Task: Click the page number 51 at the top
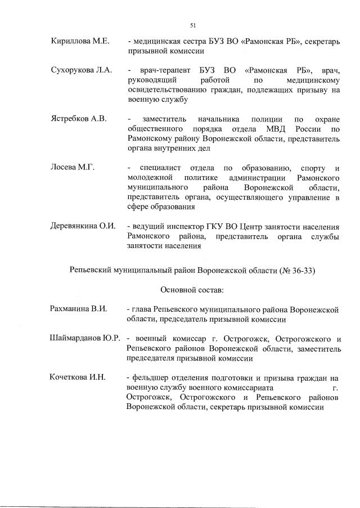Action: [x=192, y=25]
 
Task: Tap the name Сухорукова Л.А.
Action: [x=81, y=70]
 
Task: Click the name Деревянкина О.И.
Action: [x=83, y=226]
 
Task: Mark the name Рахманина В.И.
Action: [x=78, y=309]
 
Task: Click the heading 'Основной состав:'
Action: [x=192, y=290]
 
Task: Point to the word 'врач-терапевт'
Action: [x=160, y=70]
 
